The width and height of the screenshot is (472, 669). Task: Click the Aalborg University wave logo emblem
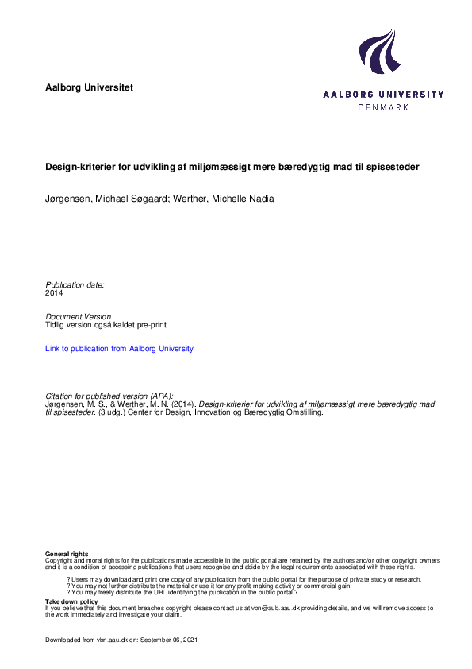pos(378,52)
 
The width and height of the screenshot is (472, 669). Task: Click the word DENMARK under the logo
pos(383,106)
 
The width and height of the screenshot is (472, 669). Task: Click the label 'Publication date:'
pos(75,284)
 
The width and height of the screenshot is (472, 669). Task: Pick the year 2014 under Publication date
pos(54,293)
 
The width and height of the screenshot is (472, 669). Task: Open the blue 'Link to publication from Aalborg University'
pos(119,348)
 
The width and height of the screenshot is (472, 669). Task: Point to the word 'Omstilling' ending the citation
pos(303,413)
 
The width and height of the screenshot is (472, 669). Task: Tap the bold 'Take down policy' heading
pos(71,602)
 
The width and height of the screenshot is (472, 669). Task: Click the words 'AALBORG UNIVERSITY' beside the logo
pos(383,94)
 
